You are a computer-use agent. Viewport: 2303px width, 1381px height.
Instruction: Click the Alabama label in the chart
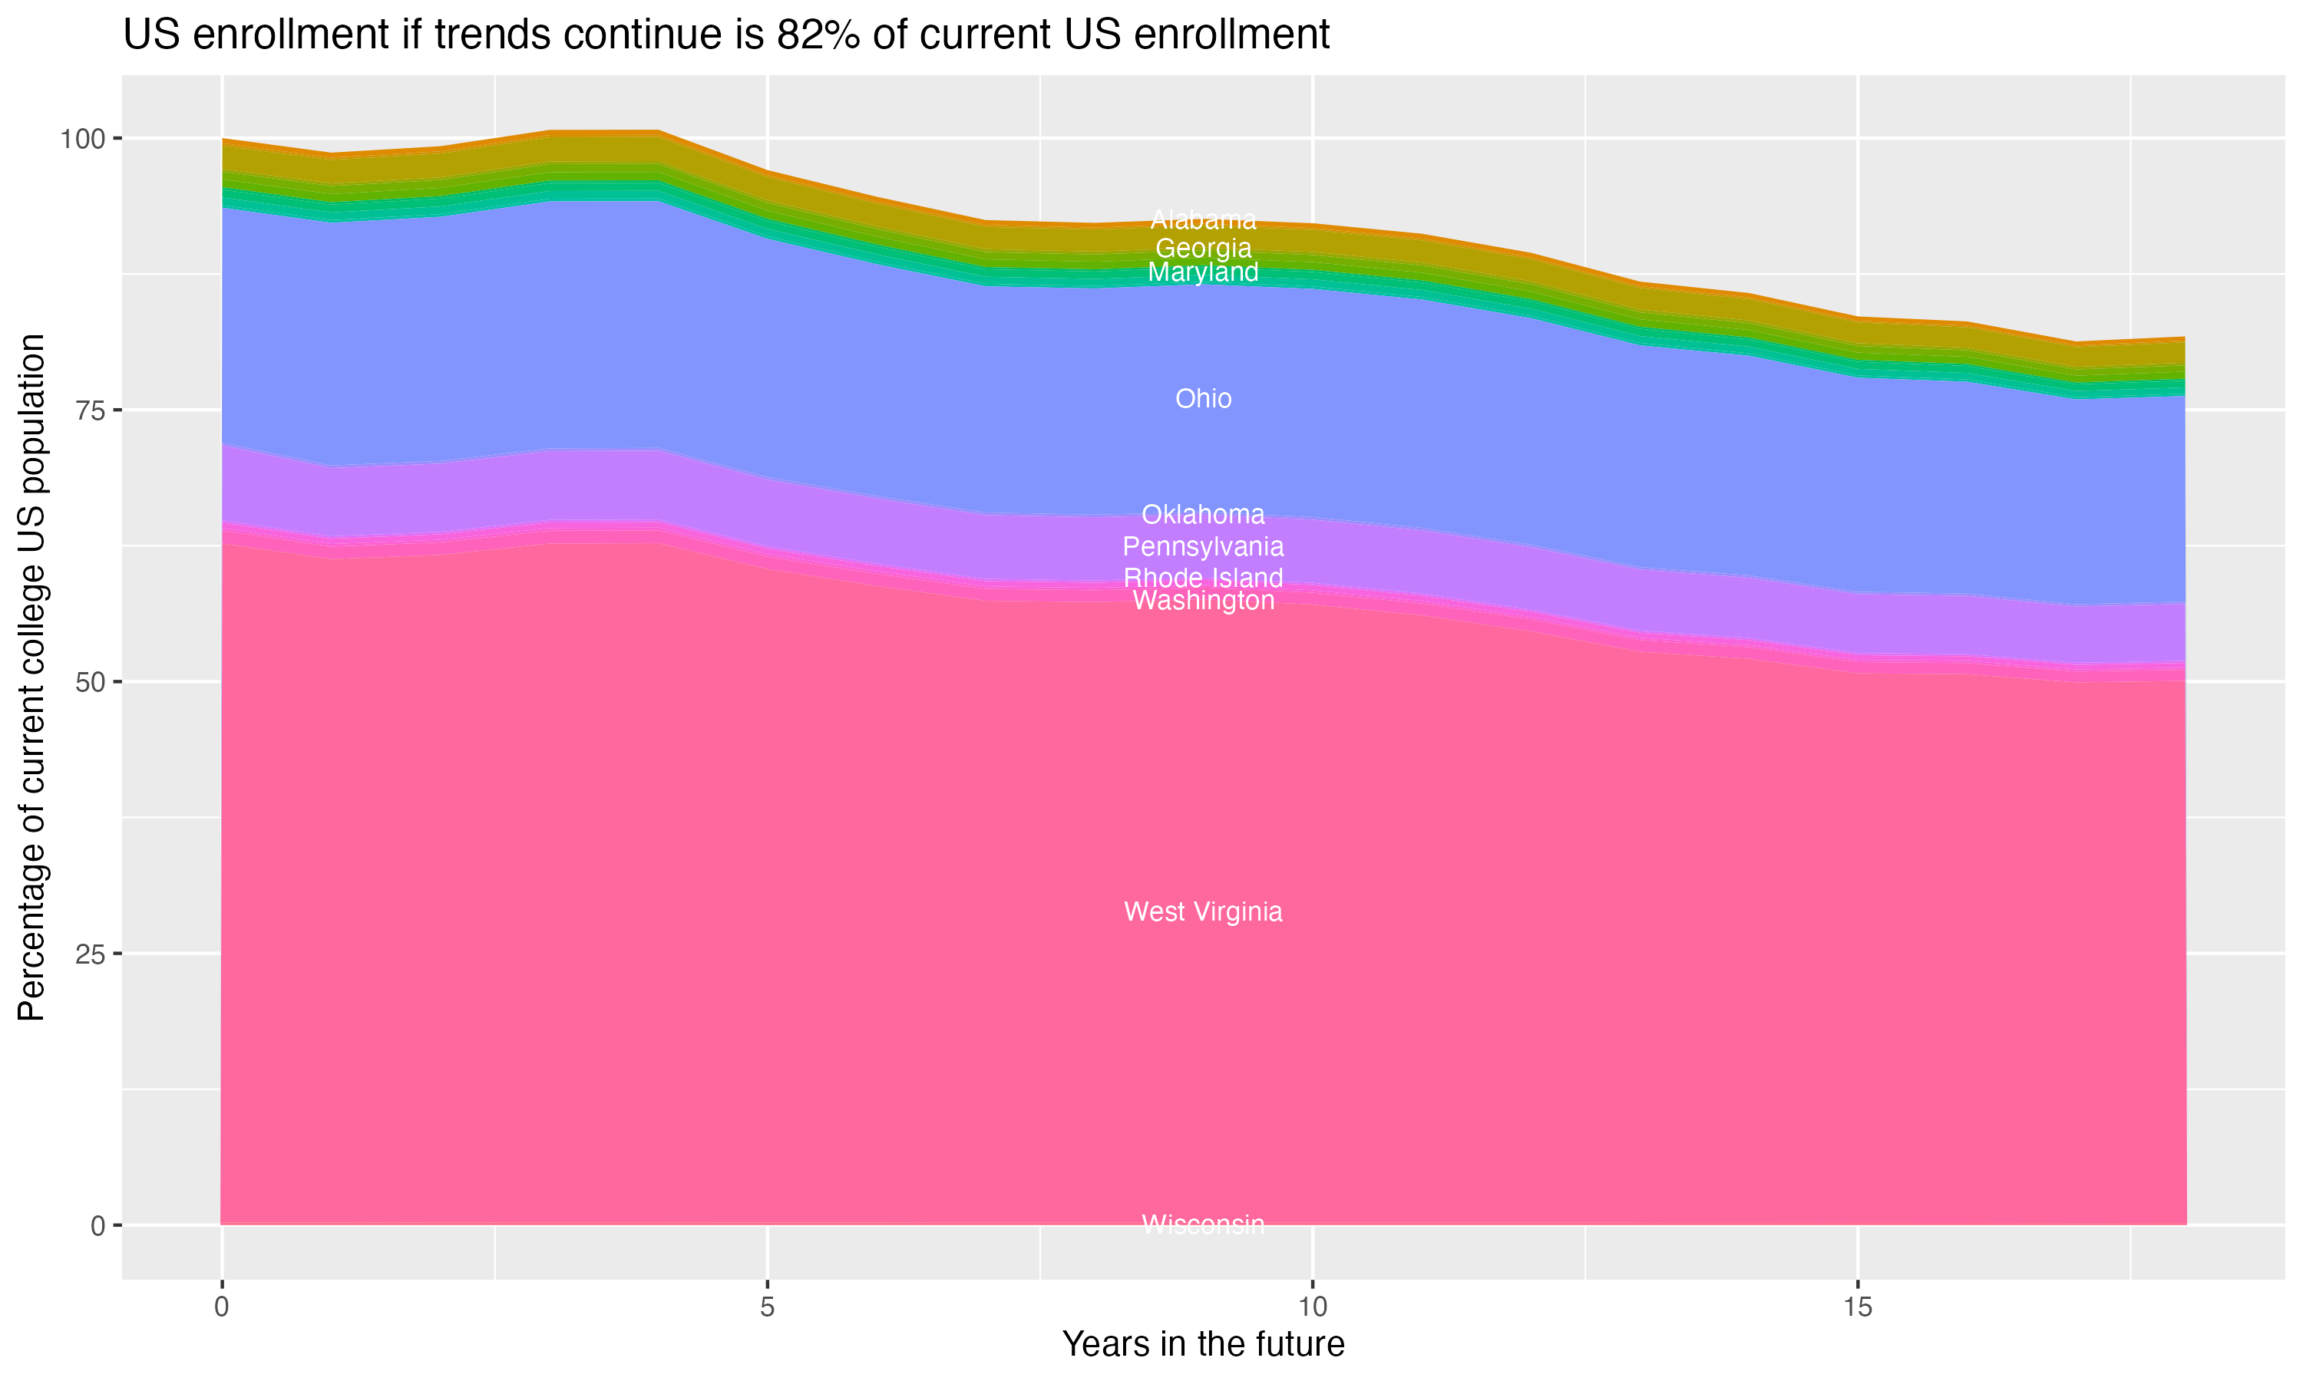pos(1203,220)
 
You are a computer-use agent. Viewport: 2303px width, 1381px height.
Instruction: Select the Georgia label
pos(1203,249)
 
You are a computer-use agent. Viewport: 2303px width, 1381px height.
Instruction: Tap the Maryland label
pos(1203,272)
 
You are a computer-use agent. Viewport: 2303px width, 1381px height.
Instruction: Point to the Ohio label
pos(1203,399)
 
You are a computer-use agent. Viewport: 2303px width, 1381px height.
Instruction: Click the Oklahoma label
pos(1203,515)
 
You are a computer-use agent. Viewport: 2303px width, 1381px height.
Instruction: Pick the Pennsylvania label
pos(1203,547)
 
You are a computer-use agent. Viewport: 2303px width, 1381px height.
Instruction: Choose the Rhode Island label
pos(1203,578)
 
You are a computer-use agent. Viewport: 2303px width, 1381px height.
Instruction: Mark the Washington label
pos(1203,602)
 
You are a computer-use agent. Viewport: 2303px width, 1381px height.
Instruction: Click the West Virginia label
pos(1203,912)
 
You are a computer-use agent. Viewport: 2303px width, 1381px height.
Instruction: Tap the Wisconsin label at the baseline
pos(1203,1224)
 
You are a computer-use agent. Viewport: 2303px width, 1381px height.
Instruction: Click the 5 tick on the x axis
pos(767,1307)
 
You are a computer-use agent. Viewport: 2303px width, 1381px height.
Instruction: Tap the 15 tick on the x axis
pos(1857,1307)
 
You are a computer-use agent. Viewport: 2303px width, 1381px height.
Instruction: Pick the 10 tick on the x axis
pos(1312,1307)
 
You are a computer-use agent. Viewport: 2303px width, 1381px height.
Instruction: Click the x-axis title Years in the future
pos(1203,1345)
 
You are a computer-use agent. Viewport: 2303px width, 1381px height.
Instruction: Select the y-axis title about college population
pos(31,677)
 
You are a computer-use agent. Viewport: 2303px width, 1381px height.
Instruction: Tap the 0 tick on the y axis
pos(97,1225)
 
